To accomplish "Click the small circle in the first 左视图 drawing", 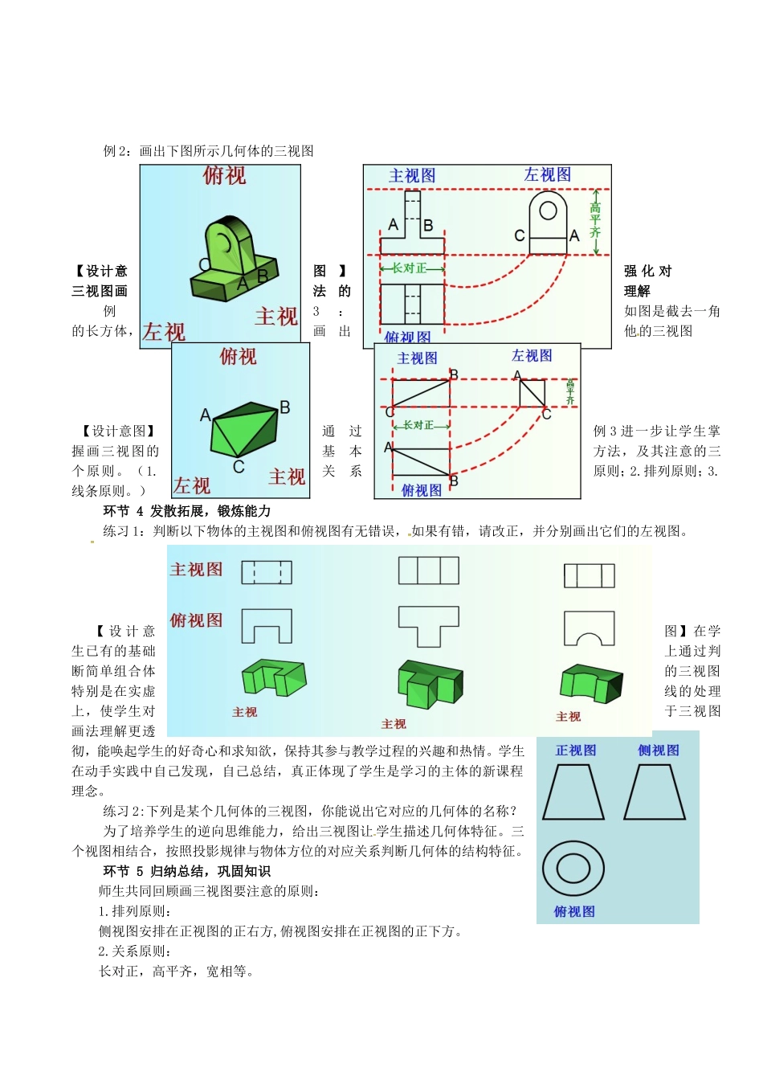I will click(x=548, y=211).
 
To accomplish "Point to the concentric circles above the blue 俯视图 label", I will click(x=573, y=869).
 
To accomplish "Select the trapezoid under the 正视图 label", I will click(x=573, y=792).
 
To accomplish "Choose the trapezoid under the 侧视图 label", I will click(x=655, y=792).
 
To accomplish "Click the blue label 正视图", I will click(x=576, y=751).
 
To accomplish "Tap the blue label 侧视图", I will click(x=659, y=751).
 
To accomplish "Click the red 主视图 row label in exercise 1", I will click(x=196, y=570).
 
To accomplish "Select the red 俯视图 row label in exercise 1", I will click(x=196, y=620).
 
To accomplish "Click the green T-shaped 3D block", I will click(x=429, y=684).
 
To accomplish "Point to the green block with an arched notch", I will click(x=591, y=682).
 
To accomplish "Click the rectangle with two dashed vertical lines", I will click(x=267, y=572).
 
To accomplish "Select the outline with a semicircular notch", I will click(x=590, y=628).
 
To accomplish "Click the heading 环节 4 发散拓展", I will click(x=187, y=511).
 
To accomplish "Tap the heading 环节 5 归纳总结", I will click(x=187, y=871).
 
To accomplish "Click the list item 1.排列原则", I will click(x=135, y=911).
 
